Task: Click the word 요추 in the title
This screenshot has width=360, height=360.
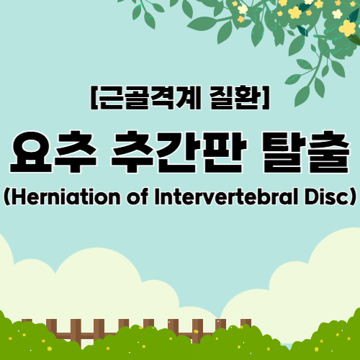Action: click(x=53, y=152)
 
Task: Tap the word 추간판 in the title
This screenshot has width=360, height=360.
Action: click(x=179, y=152)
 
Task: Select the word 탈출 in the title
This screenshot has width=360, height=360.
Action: click(x=305, y=152)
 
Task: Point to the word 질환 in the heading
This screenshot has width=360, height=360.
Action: click(x=235, y=97)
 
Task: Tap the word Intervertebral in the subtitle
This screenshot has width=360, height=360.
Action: click(x=226, y=197)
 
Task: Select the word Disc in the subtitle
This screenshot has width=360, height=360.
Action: click(x=326, y=197)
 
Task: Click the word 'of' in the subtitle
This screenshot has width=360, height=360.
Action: click(x=138, y=197)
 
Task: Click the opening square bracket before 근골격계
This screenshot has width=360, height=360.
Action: click(x=94, y=97)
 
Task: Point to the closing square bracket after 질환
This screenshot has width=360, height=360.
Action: click(x=266, y=97)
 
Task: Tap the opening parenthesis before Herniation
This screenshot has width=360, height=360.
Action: click(x=6, y=197)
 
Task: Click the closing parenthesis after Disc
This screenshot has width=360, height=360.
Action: click(x=353, y=197)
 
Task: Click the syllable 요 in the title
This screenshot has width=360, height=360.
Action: click(x=31, y=153)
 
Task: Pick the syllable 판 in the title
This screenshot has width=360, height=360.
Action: click(x=225, y=152)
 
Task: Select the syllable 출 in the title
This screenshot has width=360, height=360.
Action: click(x=328, y=152)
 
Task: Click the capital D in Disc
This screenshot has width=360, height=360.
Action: click(x=312, y=197)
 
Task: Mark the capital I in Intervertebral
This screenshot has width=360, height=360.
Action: click(x=158, y=197)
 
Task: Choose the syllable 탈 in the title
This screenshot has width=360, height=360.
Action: click(x=283, y=152)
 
